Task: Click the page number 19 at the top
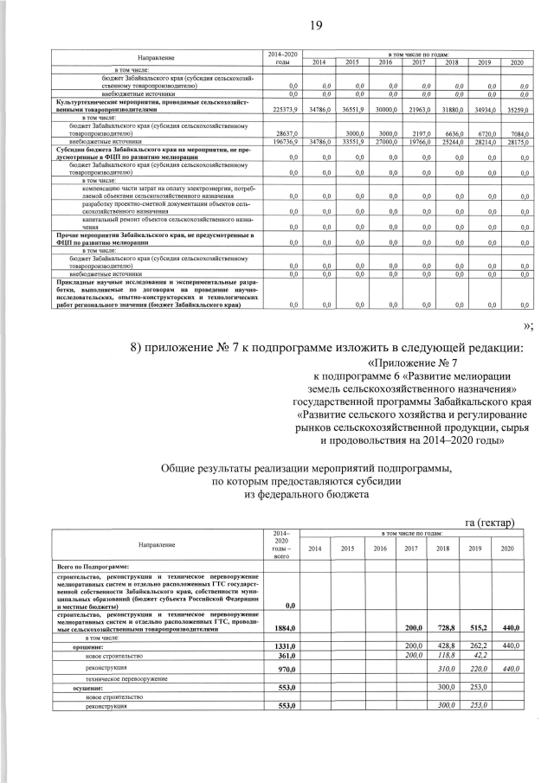click(x=316, y=25)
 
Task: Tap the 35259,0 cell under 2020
click(x=517, y=111)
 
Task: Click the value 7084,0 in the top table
click(x=518, y=135)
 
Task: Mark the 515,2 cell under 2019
click(x=481, y=629)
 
